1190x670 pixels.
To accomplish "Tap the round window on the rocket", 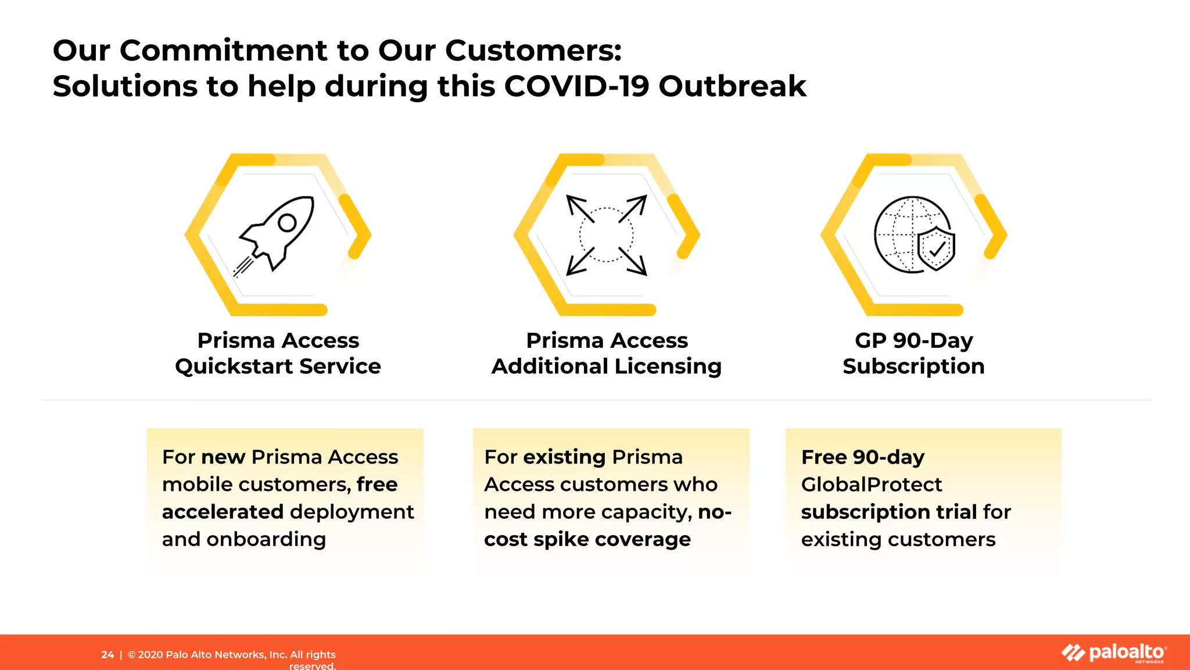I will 288,223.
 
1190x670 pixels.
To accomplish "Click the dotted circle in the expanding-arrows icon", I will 606,234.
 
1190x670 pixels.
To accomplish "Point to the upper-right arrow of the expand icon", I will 633,208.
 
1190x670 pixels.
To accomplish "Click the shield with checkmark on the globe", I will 936,249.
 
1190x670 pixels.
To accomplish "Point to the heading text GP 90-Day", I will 913,340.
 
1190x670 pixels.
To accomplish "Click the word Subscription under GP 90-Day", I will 913,366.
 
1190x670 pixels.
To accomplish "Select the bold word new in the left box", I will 223,457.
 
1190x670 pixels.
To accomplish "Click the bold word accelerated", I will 223,512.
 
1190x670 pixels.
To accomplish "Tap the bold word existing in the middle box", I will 565,457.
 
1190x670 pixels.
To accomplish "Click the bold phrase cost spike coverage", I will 587,539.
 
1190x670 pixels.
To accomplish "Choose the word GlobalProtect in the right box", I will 871,484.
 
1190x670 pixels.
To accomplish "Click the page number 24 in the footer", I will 107,655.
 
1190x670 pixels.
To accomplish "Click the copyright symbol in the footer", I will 132,655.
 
